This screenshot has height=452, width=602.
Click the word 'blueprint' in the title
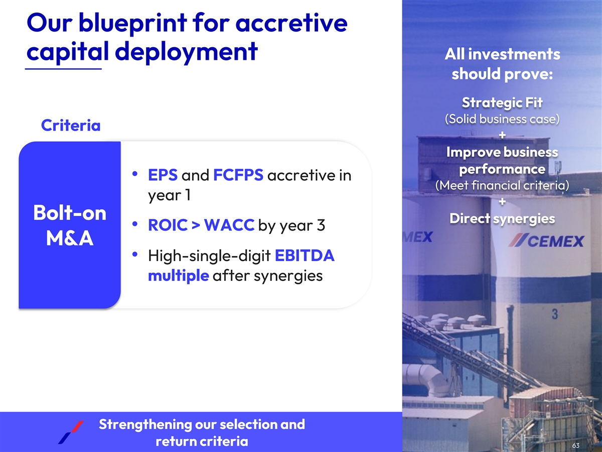pos(133,23)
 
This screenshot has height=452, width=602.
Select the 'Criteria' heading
pos(71,126)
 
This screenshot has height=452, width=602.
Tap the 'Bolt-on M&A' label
pos(70,225)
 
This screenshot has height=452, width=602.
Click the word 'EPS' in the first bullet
pos(163,175)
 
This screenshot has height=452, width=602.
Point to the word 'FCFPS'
pos(238,175)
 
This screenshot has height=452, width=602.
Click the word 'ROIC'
pos(168,225)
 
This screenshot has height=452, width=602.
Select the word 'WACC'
pos(229,225)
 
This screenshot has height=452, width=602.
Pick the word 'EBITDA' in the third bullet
pos(305,256)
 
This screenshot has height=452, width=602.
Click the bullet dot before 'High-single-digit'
pos(134,255)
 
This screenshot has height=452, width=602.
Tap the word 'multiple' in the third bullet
pos(179,276)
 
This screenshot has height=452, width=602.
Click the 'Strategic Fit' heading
pos(502,103)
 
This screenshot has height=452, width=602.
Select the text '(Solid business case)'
pos(502,119)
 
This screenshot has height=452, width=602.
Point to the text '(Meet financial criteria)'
pos(502,185)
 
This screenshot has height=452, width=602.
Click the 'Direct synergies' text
pos(502,219)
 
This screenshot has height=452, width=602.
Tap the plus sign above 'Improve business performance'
pos(502,135)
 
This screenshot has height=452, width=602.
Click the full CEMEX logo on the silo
pos(546,241)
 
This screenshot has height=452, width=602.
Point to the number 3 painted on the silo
pos(555,314)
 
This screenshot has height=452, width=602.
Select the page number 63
pos(576,445)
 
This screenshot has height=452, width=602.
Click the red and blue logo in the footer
pos(71,432)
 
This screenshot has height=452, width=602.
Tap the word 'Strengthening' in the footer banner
pos(145,424)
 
